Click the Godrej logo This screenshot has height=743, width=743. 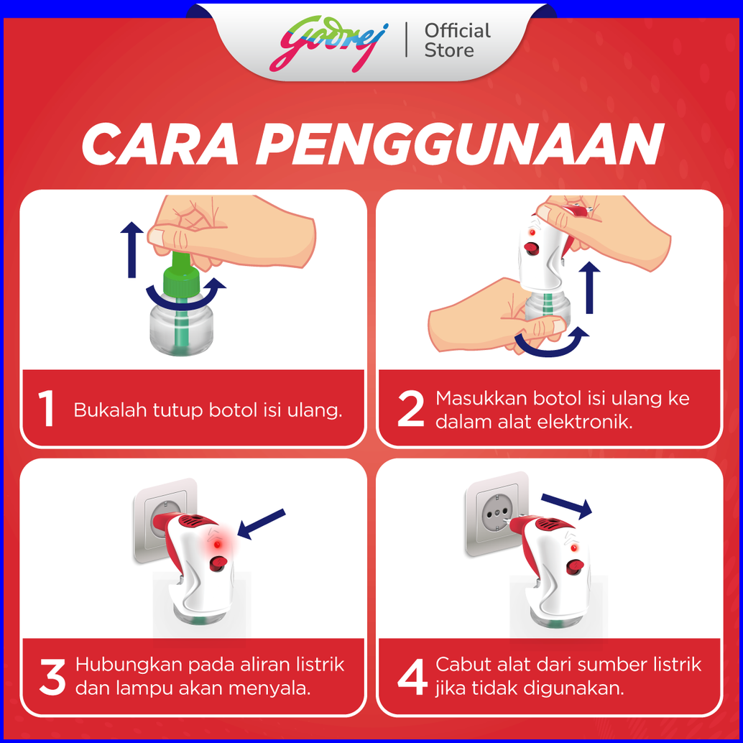329,44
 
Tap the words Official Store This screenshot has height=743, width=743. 457,41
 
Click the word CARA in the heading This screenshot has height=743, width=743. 160,144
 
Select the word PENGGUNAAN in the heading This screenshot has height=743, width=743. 460,144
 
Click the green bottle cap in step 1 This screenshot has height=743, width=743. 180,279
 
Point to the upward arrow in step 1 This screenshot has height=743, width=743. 131,249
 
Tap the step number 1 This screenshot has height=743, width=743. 46,408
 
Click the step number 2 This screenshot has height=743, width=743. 410,408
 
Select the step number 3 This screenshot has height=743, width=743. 52,677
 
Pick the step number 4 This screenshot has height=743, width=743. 412,677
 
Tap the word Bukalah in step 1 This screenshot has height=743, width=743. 111,410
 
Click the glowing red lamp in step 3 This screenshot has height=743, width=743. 217,545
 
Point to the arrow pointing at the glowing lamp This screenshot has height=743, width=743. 261,524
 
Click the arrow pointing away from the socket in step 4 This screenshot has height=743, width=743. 567,506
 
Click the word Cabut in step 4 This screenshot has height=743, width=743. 461,665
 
